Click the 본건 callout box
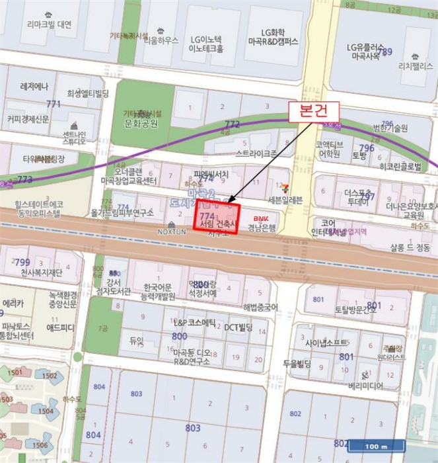313,111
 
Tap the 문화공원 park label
141,123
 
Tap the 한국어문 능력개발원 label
158,292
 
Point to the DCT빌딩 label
239,327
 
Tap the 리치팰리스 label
414,66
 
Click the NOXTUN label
173,232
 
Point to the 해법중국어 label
260,306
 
